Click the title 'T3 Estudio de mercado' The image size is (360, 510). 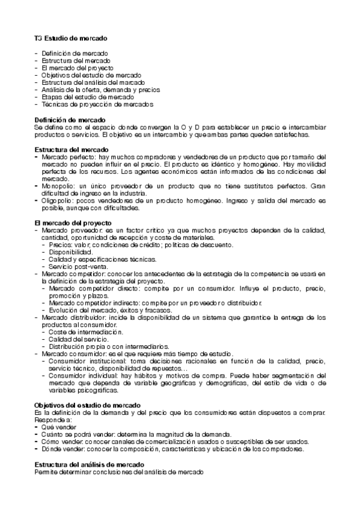tap(71, 38)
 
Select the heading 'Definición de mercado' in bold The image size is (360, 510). tap(70, 120)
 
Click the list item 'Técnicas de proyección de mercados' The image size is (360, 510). tap(89, 104)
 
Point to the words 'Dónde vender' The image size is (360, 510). tap(63, 448)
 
